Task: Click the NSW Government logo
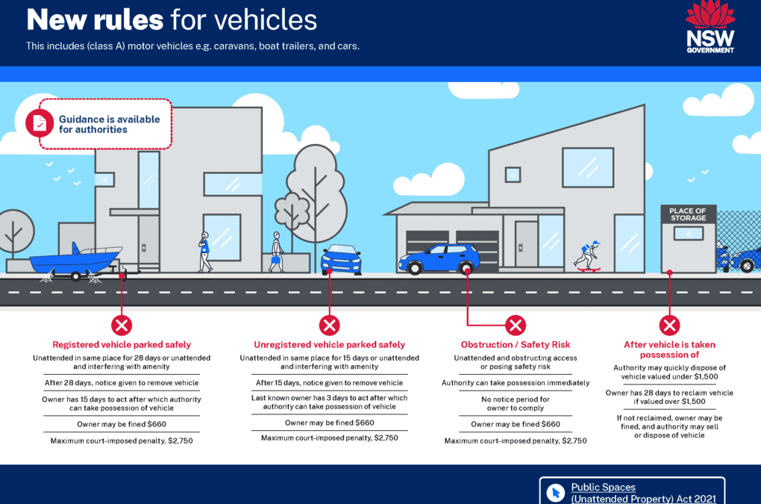(x=710, y=27)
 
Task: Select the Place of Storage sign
(x=688, y=214)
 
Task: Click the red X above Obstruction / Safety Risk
(x=516, y=326)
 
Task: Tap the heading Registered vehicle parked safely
(x=122, y=345)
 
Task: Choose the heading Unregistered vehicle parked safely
(x=330, y=345)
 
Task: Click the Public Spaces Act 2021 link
(x=643, y=493)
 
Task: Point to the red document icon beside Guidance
(x=40, y=123)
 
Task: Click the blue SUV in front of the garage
(x=439, y=259)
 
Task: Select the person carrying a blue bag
(x=277, y=252)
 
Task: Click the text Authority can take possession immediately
(x=516, y=382)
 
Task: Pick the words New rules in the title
(x=95, y=20)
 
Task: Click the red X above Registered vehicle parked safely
(x=122, y=326)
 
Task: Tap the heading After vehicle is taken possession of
(x=669, y=349)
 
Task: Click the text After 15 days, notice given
(x=305, y=382)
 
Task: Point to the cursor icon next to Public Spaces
(x=556, y=493)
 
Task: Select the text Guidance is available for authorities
(x=109, y=124)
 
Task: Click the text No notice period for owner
(x=516, y=403)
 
